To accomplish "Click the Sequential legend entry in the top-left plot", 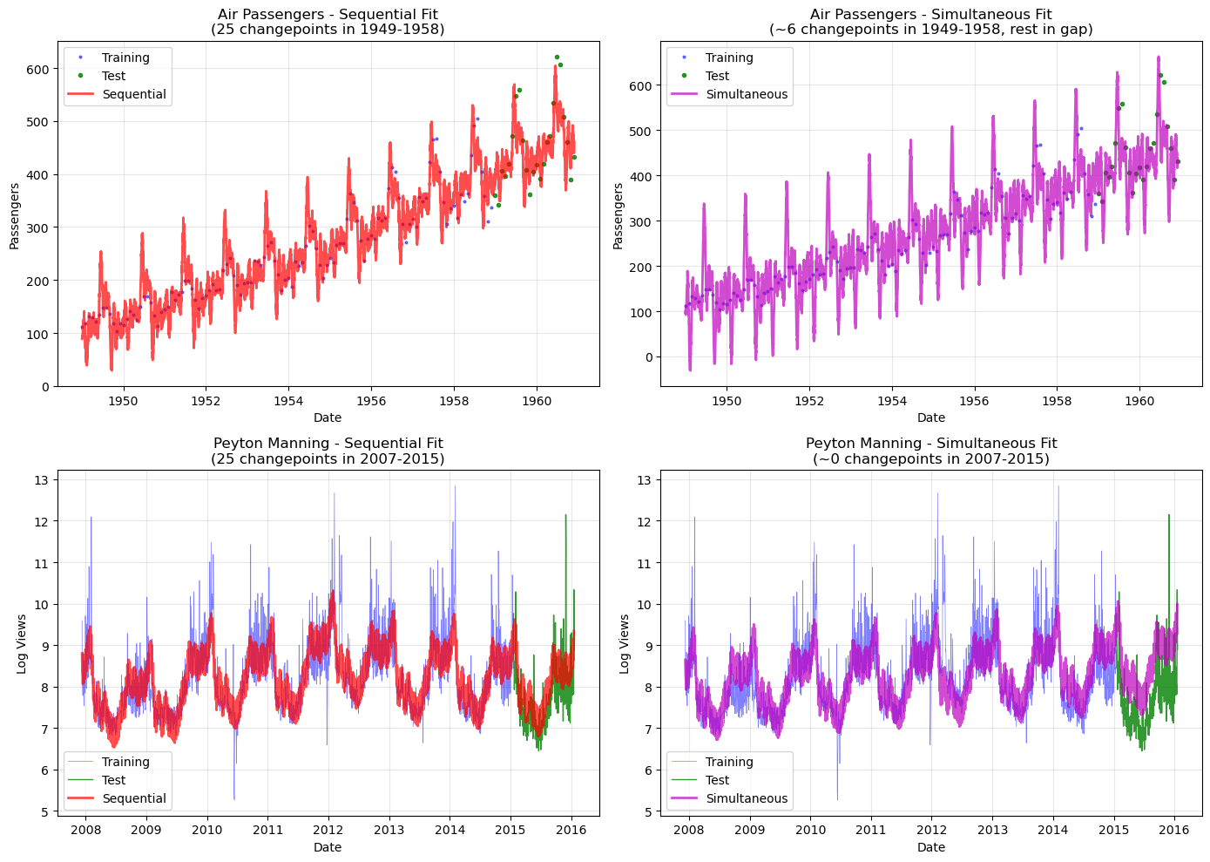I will coord(133,94).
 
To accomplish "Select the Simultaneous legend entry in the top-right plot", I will coord(746,94).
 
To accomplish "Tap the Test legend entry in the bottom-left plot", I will coord(113,780).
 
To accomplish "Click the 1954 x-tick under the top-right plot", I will coord(891,401).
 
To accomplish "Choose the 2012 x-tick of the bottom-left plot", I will coord(328,830).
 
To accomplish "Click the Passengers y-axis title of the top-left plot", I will coord(15,216).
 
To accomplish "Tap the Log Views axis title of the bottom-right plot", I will coord(625,644).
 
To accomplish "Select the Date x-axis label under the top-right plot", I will coord(930,418).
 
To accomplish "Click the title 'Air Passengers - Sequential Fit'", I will coord(328,14).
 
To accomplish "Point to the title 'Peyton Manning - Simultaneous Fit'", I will coord(930,444).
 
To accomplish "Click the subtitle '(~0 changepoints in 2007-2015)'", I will coord(930,458).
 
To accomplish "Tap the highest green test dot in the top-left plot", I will coord(557,58).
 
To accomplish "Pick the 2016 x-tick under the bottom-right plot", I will coord(1174,830).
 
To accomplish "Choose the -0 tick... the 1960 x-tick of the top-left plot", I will coord(537,401).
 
